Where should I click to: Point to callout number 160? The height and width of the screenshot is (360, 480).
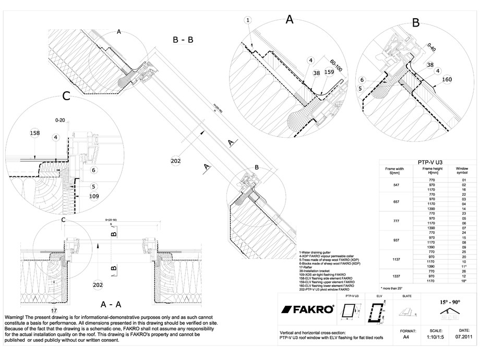pyautogui.click(x=447, y=80)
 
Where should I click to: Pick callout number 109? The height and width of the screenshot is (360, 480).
pyautogui.click(x=94, y=196)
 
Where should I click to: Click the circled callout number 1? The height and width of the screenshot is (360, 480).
pyautogui.click(x=248, y=20)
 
